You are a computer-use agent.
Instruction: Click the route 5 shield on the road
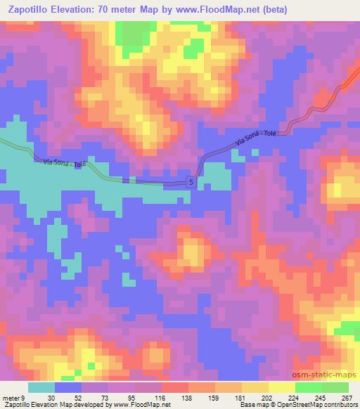191,182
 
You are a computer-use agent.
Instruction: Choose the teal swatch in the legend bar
41,387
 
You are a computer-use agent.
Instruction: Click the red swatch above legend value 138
175,387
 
